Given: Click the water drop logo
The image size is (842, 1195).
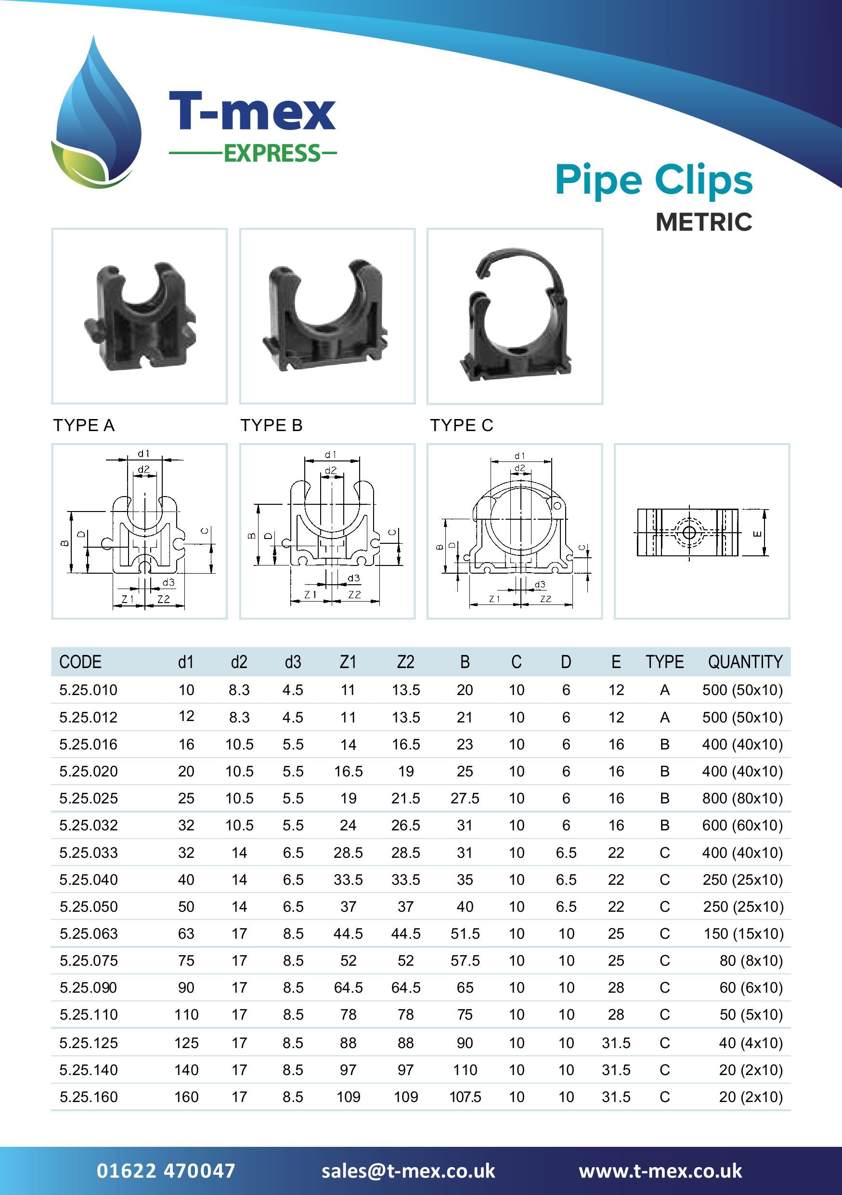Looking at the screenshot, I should click(x=97, y=115).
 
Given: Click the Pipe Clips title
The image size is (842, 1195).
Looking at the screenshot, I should click(x=653, y=180).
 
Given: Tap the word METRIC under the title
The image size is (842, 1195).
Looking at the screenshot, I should click(x=703, y=222).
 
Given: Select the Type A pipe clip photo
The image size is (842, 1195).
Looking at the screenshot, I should click(x=140, y=316).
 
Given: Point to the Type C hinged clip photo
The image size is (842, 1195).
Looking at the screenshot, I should click(x=514, y=316).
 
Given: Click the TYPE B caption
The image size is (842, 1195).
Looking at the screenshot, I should click(x=271, y=425).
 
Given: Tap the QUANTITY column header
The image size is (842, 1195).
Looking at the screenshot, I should click(x=745, y=661).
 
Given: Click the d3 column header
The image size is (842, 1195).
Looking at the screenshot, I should click(x=293, y=661).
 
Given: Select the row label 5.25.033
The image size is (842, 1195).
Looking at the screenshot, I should click(x=89, y=853).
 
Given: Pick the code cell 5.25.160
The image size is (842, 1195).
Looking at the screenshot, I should click(x=89, y=1097).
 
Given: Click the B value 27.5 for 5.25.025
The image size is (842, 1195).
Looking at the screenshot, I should click(x=465, y=799).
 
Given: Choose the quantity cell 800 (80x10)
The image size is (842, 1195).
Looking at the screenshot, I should click(x=742, y=799).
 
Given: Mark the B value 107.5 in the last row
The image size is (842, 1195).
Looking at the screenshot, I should click(x=465, y=1097).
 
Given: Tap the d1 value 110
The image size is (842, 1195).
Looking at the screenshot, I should click(x=186, y=1014).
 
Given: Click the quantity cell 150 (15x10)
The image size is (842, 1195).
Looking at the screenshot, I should click(x=743, y=934).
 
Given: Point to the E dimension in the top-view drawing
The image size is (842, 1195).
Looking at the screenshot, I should click(x=757, y=533).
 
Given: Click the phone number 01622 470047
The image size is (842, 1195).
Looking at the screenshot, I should click(x=166, y=1171).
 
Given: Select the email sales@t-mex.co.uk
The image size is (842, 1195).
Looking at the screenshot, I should click(x=408, y=1171).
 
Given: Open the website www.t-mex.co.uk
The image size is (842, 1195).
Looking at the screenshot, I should click(x=660, y=1171).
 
